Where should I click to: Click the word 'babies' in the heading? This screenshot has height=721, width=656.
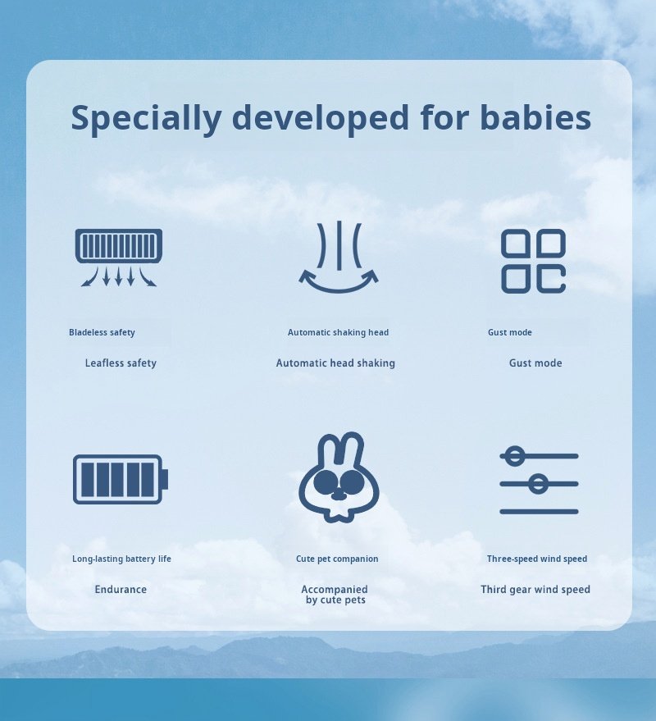point(535,117)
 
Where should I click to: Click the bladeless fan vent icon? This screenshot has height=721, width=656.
point(119,258)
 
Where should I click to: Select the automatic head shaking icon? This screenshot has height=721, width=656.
point(339,257)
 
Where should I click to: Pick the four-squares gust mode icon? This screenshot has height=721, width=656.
point(533,261)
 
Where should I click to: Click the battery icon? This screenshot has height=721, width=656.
point(121,480)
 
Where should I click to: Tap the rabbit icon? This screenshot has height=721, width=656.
point(339,477)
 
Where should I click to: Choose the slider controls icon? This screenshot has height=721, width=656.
point(539,480)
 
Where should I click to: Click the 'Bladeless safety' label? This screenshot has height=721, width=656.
point(102,332)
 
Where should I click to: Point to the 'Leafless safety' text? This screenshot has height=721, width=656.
point(121,363)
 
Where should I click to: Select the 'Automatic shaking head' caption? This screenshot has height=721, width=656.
point(339,332)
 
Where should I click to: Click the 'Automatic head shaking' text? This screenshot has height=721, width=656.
point(335,363)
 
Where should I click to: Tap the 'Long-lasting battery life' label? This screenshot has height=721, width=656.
point(122,559)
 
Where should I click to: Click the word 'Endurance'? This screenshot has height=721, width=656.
point(121,590)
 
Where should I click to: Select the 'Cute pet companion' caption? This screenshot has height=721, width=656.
point(337,559)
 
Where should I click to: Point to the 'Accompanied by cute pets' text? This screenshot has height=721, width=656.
point(335,595)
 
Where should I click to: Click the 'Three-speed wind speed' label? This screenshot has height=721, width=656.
point(537,559)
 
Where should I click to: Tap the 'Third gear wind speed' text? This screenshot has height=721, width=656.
point(535,590)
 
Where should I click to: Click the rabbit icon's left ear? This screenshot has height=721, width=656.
point(329,449)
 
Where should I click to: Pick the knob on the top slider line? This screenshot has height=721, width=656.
point(515,456)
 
